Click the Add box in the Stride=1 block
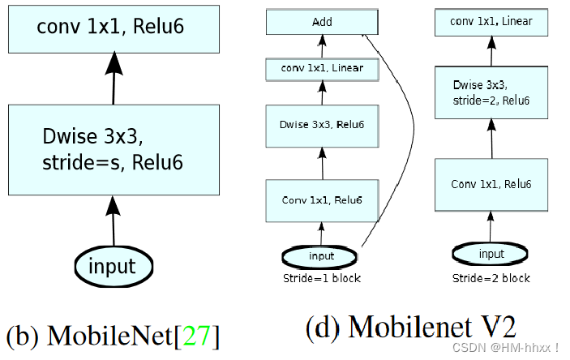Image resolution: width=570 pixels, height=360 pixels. pos(322,23)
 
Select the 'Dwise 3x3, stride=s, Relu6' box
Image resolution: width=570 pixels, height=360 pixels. pos(113,149)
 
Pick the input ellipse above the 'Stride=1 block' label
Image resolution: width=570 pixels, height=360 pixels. pos(321,256)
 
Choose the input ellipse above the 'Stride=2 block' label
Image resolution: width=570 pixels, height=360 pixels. pos(491,254)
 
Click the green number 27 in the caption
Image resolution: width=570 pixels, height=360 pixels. pos(195,335)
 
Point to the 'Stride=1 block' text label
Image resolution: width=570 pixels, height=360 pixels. pos(322,278)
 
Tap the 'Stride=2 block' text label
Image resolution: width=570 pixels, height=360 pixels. pos(491,278)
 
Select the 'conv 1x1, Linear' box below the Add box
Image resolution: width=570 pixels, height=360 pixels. pos(322,69)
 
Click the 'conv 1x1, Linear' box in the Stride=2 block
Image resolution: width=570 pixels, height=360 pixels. pos(491,22)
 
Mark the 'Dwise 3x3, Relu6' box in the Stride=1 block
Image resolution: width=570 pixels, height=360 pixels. pos(322,123)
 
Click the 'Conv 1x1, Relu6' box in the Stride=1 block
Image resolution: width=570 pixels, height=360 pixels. pos(322,199)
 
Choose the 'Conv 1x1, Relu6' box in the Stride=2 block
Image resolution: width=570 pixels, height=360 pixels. pos(491,185)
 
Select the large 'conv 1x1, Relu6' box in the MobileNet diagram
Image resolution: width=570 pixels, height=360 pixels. pos(113,28)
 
